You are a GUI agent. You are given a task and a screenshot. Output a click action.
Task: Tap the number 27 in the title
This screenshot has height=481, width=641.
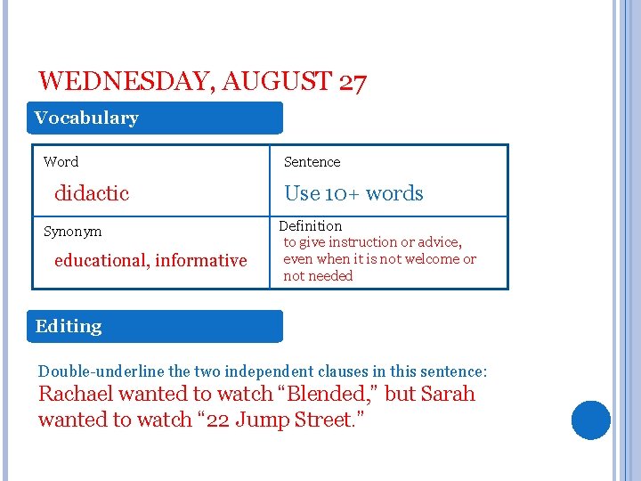pyautogui.click(x=353, y=82)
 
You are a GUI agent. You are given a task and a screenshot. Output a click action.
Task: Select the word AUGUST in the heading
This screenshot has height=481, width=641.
pyautogui.click(x=277, y=82)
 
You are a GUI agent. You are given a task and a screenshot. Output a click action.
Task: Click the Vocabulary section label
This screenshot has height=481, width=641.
pyautogui.click(x=86, y=118)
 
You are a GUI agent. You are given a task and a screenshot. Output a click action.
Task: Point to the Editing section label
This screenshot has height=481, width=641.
pyautogui.click(x=69, y=326)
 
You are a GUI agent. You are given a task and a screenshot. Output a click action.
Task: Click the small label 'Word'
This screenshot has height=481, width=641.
pyautogui.click(x=61, y=162)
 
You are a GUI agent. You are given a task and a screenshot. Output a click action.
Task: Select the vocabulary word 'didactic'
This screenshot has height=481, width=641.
pyautogui.click(x=92, y=193)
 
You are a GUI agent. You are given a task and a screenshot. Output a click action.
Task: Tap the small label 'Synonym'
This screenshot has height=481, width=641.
pyautogui.click(x=73, y=232)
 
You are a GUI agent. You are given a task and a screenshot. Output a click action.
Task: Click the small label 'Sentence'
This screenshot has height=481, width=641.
pyautogui.click(x=312, y=162)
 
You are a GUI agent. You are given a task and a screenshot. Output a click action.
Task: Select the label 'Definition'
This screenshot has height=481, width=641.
pyautogui.click(x=311, y=226)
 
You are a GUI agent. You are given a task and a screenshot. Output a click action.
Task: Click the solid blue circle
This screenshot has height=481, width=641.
pyautogui.click(x=591, y=420)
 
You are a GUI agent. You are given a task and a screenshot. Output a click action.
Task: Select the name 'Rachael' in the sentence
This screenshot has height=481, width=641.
pyautogui.click(x=76, y=394)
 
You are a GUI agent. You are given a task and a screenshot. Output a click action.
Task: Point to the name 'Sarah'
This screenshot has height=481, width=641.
pyautogui.click(x=447, y=394)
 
